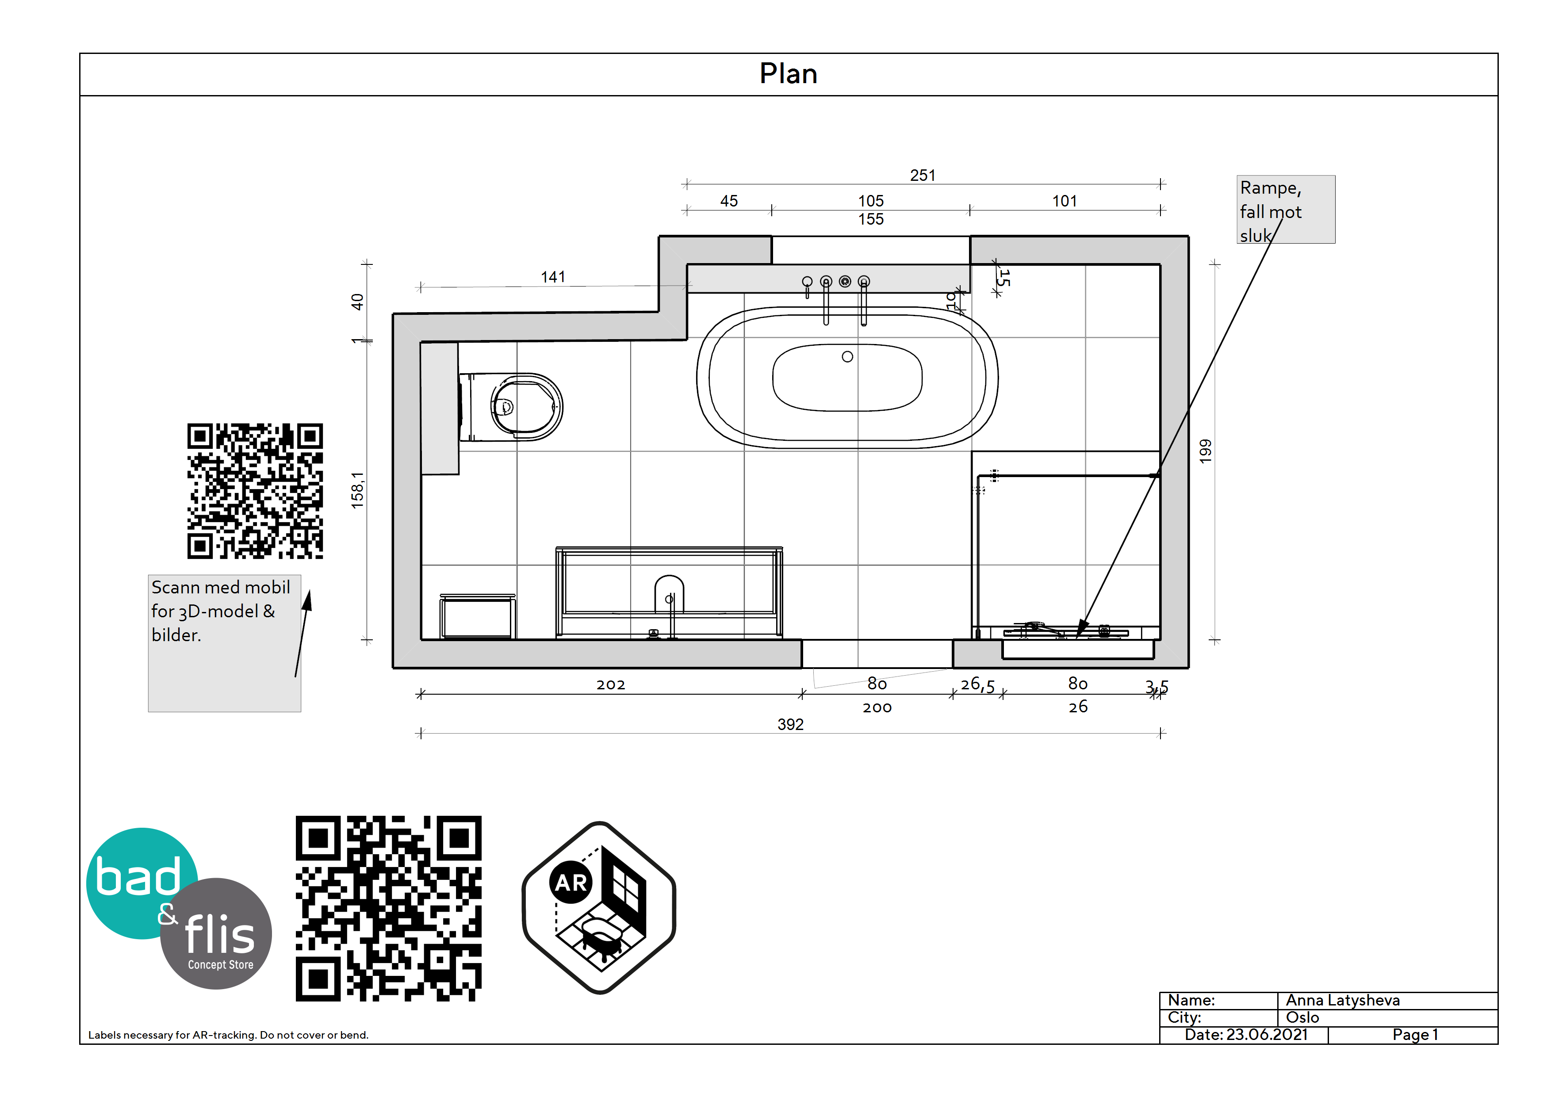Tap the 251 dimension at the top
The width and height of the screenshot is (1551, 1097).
point(922,176)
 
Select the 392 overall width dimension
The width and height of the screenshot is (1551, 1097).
point(790,724)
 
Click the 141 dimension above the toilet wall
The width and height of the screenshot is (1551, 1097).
point(552,277)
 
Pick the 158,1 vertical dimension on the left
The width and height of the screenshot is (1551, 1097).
point(357,490)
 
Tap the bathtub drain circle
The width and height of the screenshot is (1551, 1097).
point(847,357)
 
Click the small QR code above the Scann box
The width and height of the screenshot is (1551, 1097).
point(255,491)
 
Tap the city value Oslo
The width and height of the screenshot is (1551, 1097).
point(1302,1017)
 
